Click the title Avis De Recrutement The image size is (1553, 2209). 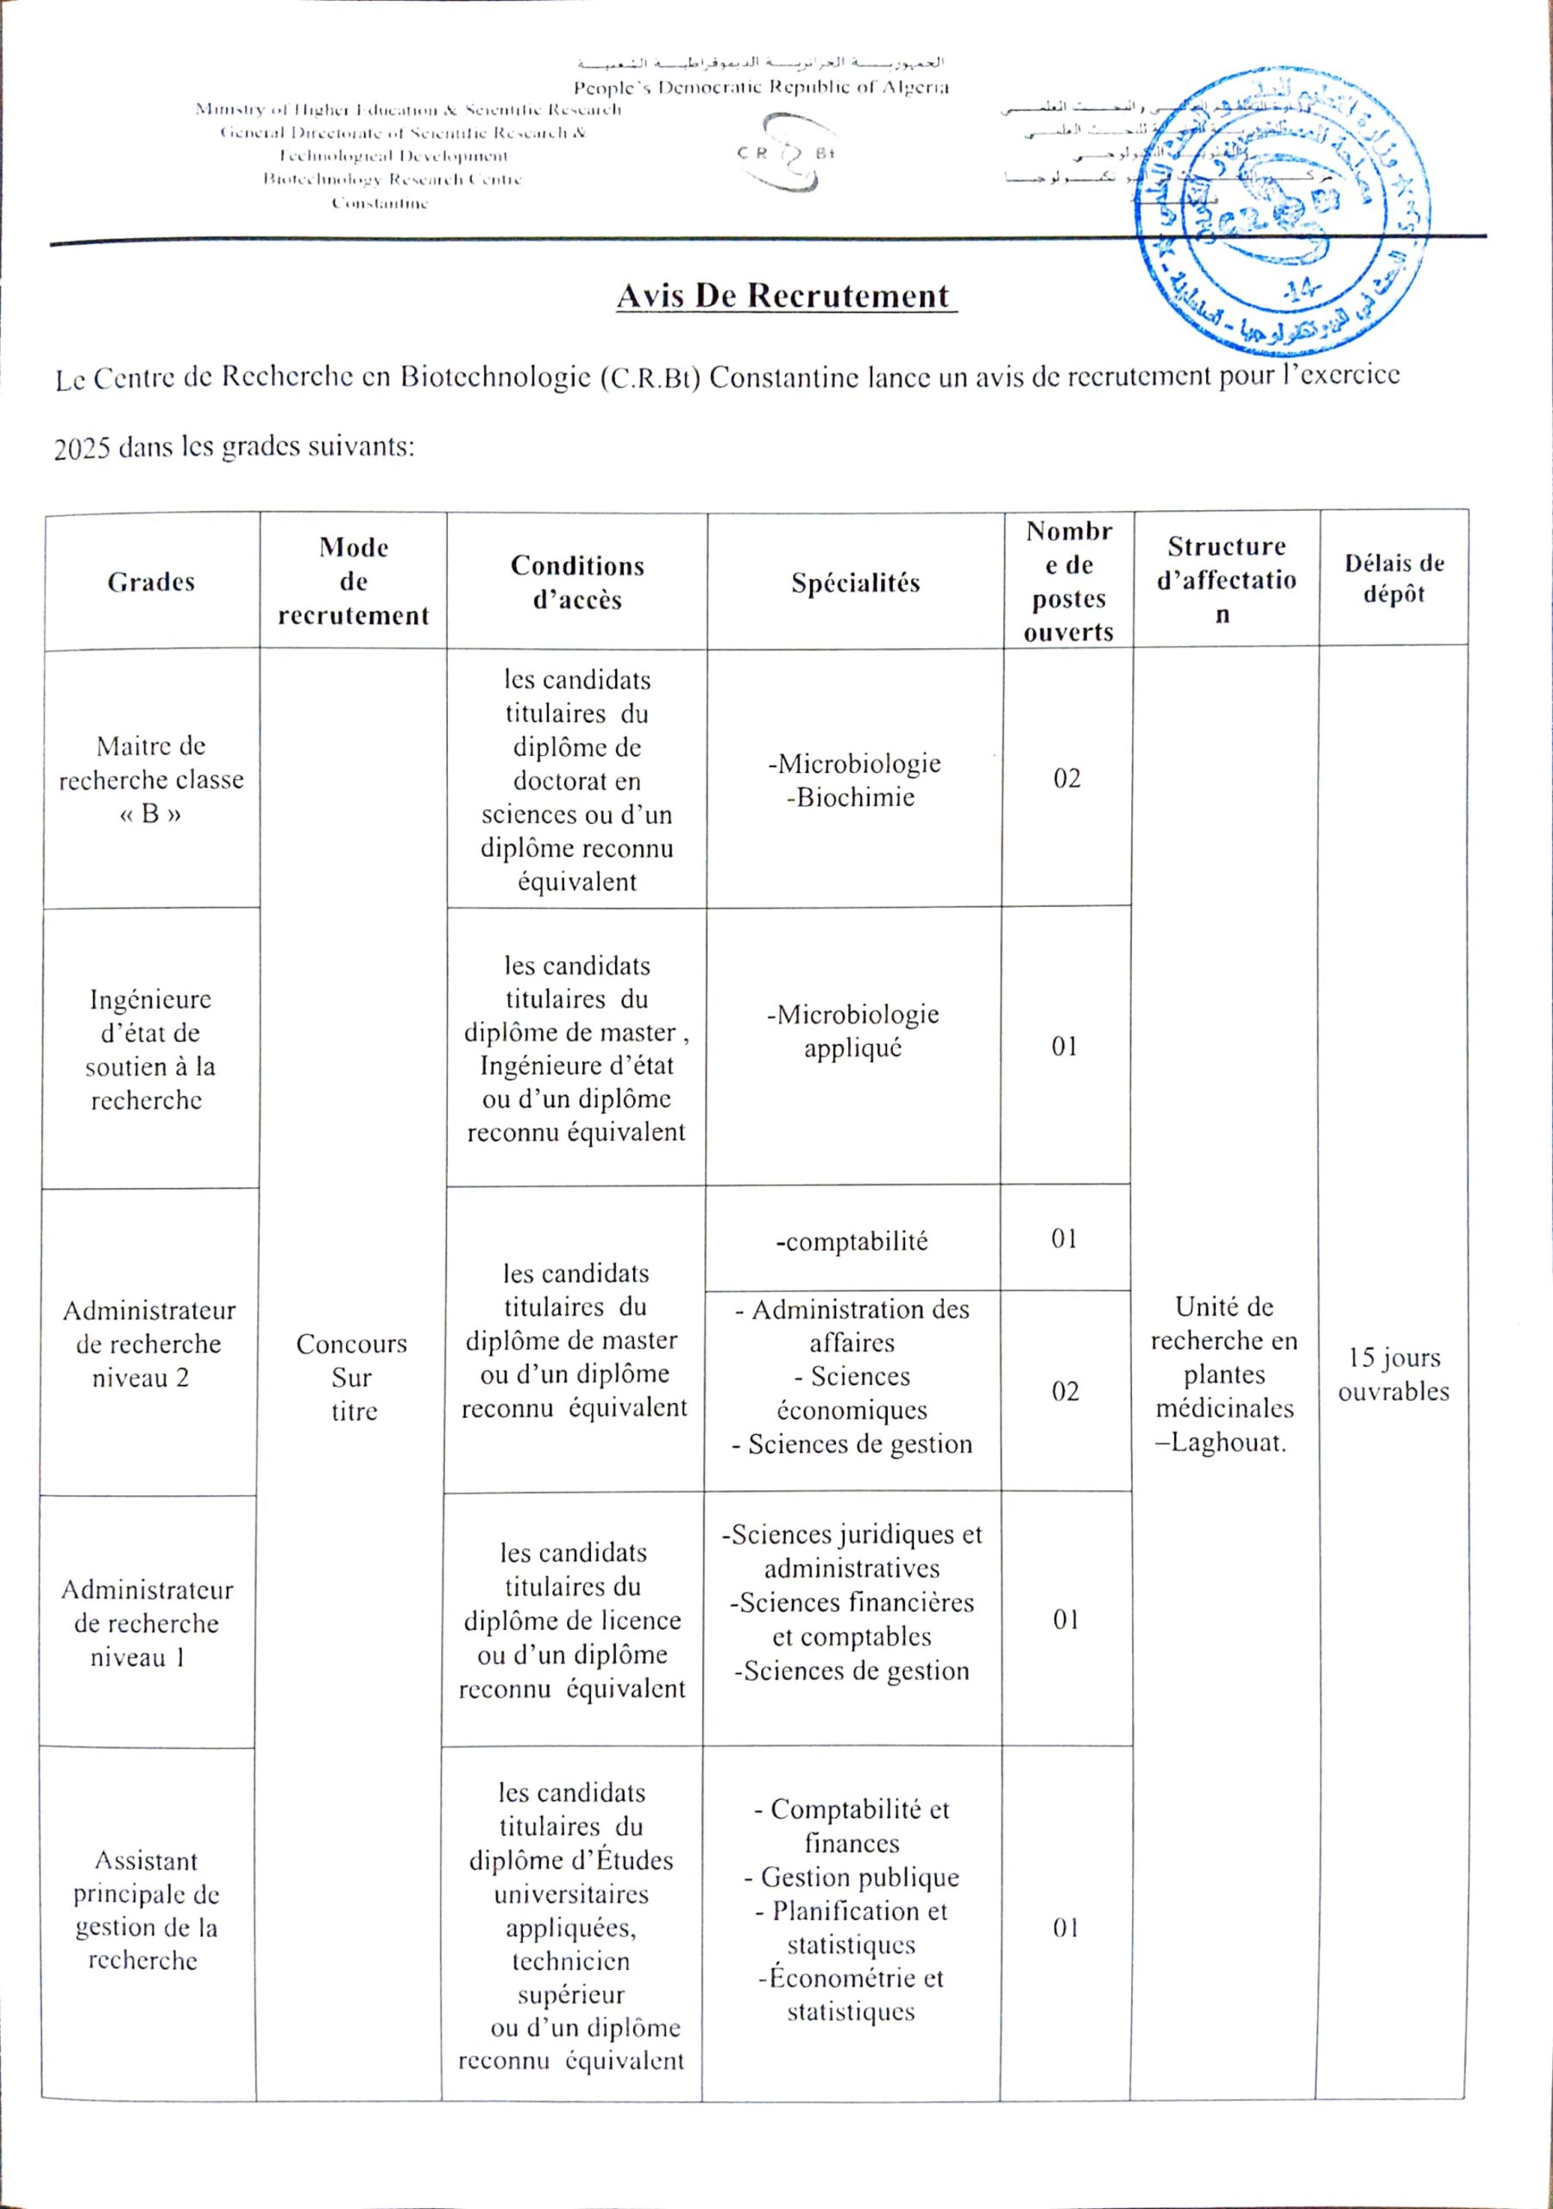(785, 295)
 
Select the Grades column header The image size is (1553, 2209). (151, 582)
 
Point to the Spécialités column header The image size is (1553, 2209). (855, 583)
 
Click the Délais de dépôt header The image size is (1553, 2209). (1393, 578)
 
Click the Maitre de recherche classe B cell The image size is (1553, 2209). (151, 779)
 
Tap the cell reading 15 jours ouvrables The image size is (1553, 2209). (1393, 1374)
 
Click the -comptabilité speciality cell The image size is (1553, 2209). (852, 1241)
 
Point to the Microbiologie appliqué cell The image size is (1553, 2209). (852, 1030)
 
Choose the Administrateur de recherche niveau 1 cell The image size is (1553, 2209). (147, 1623)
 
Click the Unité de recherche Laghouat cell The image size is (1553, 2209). (1224, 1374)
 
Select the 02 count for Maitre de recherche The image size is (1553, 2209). (1066, 778)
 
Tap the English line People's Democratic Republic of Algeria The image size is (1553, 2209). (761, 87)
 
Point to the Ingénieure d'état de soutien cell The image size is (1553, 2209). (149, 1049)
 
